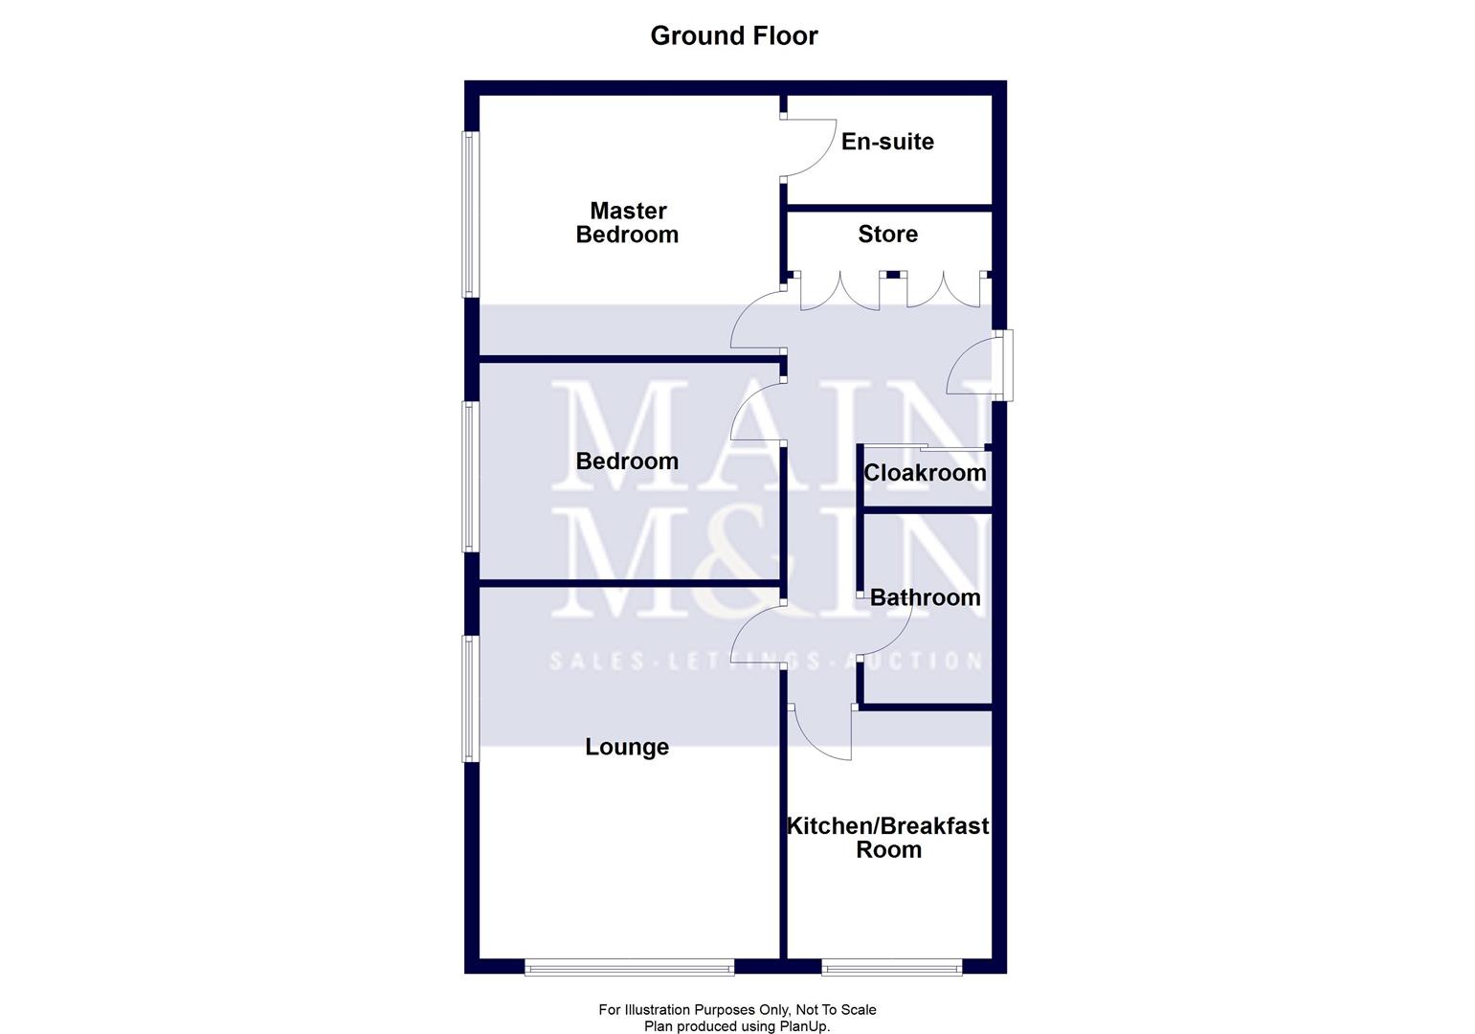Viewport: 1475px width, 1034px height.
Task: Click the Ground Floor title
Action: (734, 35)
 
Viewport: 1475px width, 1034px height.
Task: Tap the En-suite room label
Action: (887, 142)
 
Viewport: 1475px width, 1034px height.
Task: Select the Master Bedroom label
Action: (627, 222)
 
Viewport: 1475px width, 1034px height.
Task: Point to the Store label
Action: (887, 235)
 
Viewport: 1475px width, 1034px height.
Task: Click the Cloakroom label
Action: (925, 473)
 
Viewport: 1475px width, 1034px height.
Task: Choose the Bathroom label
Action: (925, 597)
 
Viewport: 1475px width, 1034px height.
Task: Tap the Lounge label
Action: (627, 747)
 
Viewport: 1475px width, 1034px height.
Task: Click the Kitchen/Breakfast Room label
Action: (887, 837)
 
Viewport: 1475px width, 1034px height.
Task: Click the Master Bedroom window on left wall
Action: (470, 214)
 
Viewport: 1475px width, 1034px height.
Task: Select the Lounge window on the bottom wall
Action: (629, 968)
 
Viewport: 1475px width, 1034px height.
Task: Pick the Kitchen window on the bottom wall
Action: (891, 968)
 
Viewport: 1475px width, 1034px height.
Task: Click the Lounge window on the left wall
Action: (470, 698)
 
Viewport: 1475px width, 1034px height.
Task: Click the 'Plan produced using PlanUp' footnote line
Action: (737, 1026)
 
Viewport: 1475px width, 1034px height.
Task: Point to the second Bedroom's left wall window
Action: (470, 476)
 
